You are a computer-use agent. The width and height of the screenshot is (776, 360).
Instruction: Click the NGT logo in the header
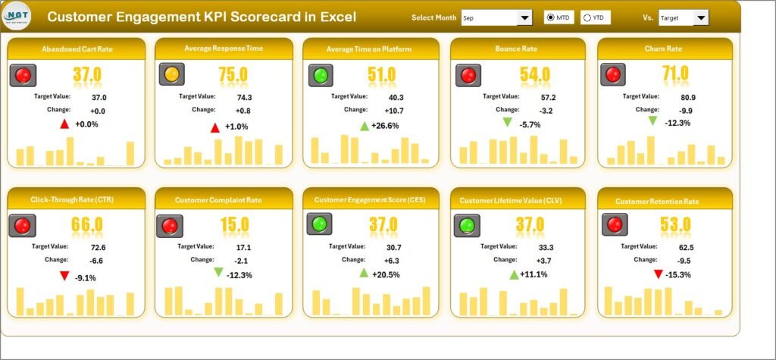click(x=17, y=16)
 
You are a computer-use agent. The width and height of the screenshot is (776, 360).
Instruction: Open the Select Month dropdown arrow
click(x=524, y=17)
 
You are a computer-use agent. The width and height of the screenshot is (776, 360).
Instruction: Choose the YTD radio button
click(x=587, y=17)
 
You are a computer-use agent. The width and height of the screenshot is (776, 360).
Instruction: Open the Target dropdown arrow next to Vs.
click(x=701, y=17)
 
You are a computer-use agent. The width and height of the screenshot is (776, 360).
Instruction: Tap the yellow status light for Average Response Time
click(x=171, y=74)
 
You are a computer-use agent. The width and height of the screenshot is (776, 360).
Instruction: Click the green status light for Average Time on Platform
click(x=321, y=74)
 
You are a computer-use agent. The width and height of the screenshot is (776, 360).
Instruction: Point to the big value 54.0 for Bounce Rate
click(x=535, y=74)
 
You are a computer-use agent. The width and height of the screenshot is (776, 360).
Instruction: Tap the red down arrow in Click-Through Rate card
click(x=65, y=277)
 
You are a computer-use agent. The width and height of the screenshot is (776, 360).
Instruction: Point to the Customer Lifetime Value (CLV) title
click(x=518, y=200)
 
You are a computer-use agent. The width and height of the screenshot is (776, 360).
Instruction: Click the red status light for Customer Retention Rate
click(x=614, y=224)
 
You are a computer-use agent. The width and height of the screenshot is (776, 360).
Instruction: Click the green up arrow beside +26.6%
click(x=365, y=126)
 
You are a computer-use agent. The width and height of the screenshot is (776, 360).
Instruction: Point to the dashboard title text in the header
click(x=201, y=17)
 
